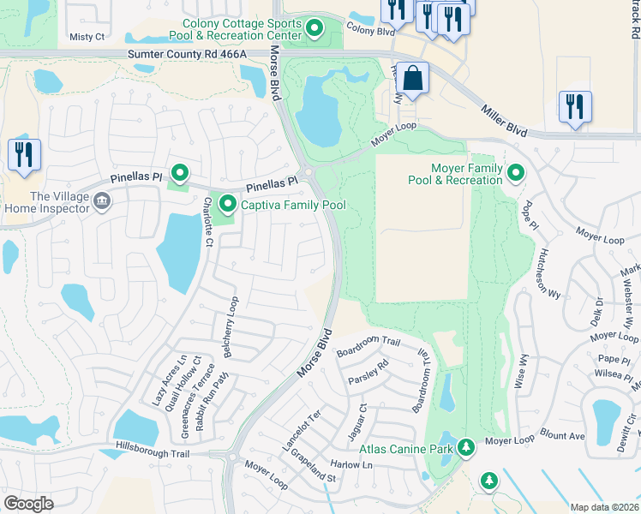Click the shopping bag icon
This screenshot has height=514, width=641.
(412, 78)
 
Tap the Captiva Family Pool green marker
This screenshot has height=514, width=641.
(228, 204)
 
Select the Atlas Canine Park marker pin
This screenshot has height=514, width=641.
(465, 446)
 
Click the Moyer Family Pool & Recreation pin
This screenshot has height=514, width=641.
(515, 174)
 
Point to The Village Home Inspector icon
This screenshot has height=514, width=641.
(101, 202)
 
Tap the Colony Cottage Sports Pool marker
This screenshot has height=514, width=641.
(314, 29)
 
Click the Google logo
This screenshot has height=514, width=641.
(28, 504)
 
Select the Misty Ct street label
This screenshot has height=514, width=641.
(87, 37)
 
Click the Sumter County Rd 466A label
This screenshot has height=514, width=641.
(187, 54)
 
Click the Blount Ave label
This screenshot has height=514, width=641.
(563, 435)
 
